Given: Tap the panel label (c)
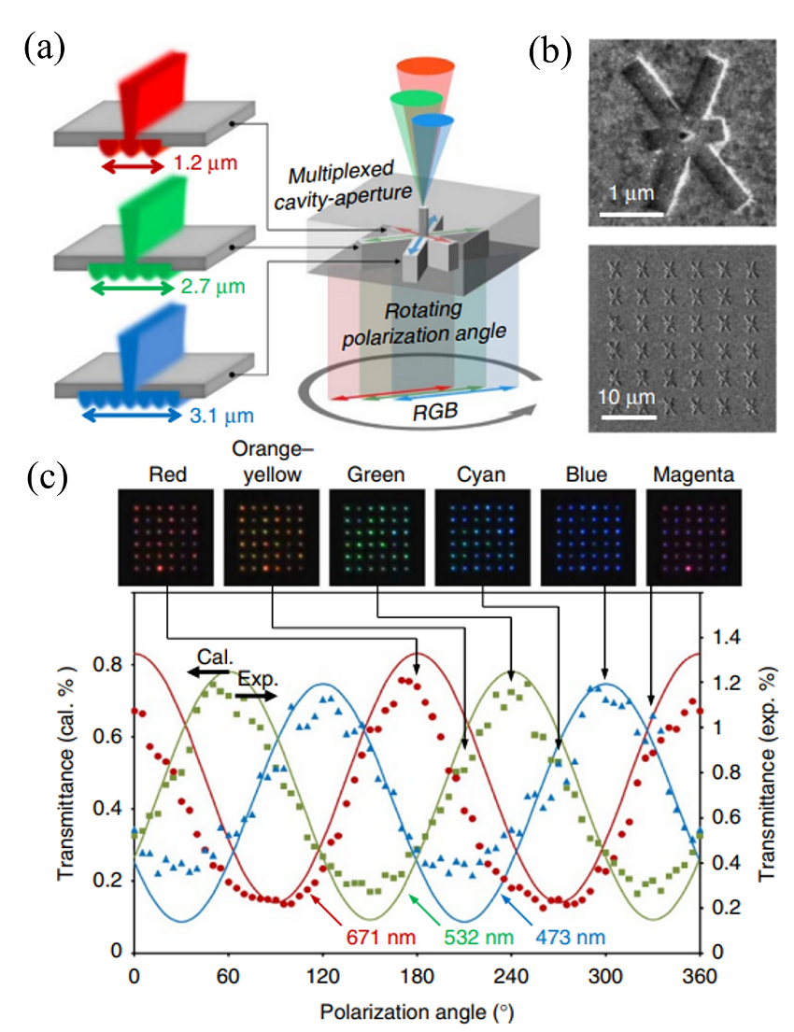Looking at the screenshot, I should click(45, 476).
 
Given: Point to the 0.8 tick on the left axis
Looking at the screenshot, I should click(106, 665).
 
